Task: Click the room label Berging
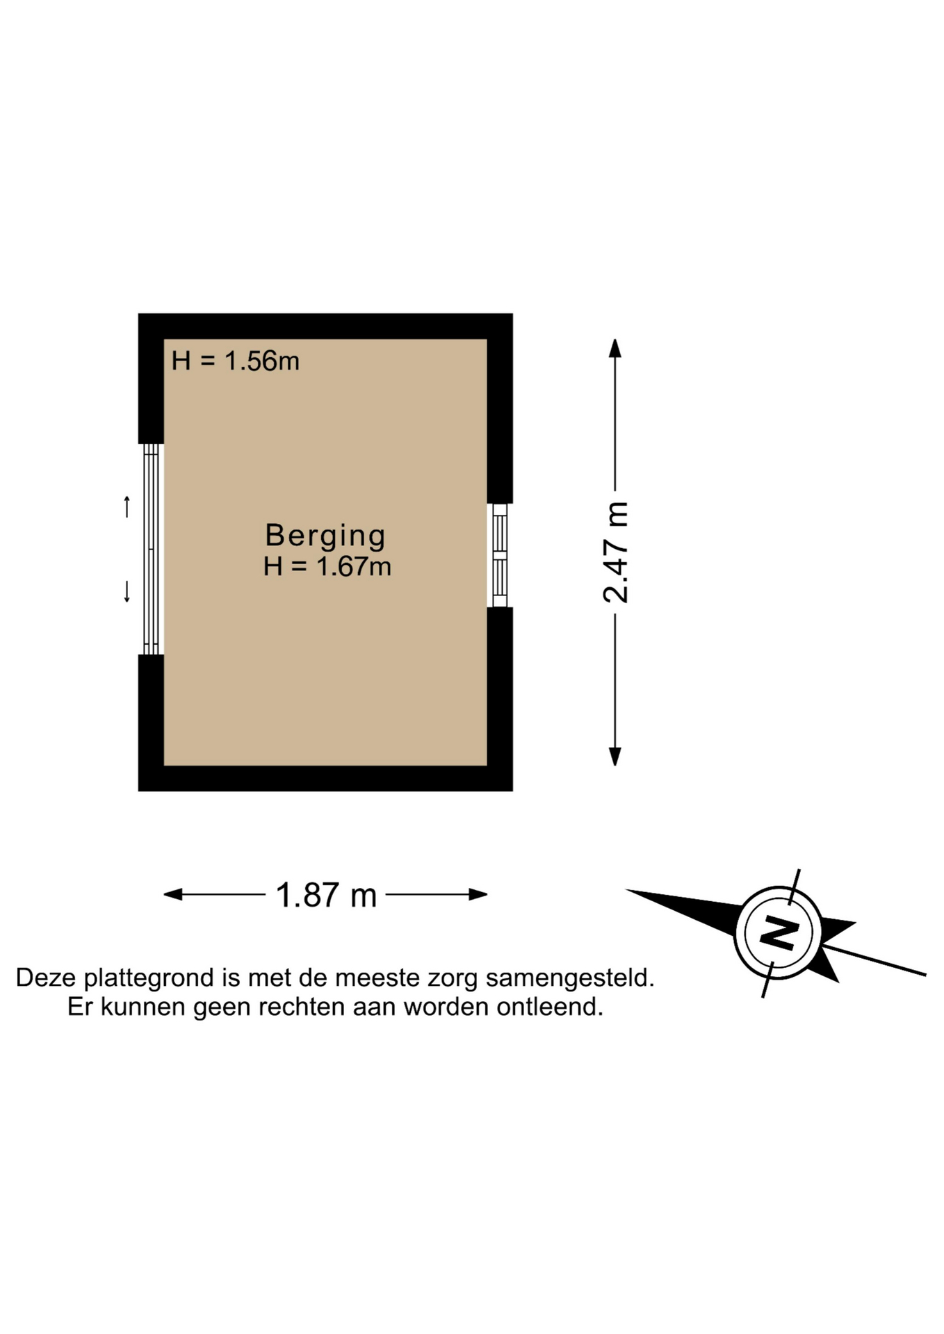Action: [325, 536]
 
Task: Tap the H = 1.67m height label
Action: [327, 567]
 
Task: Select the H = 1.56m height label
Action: [235, 361]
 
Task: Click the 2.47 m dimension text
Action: [616, 552]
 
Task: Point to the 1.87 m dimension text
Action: [326, 895]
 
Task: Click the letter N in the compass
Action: [778, 932]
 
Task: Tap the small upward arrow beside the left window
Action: [127, 507]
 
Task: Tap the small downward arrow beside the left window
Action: [127, 592]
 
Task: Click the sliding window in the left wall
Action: [152, 549]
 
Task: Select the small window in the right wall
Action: [500, 555]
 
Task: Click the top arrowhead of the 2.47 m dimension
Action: [615, 348]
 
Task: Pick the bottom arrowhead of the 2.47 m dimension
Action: [615, 756]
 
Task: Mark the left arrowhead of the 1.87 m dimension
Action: [173, 894]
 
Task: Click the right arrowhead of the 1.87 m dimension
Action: [478, 894]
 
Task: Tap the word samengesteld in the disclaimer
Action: [570, 978]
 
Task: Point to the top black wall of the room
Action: [325, 327]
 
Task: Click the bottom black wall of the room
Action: [325, 778]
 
